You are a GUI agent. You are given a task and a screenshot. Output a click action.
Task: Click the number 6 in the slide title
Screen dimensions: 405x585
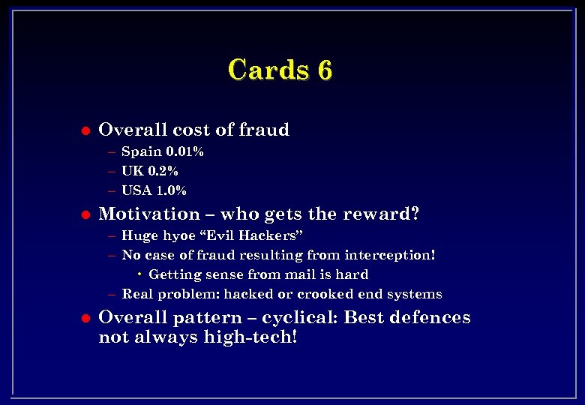(324, 70)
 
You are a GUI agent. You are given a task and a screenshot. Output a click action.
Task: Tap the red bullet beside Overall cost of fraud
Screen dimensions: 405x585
(85, 130)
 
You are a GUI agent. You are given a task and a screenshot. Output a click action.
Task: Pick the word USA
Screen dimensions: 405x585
(137, 190)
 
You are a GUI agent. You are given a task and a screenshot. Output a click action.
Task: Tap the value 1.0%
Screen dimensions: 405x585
(172, 190)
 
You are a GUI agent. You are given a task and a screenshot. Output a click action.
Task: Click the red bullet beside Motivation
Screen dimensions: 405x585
(85, 214)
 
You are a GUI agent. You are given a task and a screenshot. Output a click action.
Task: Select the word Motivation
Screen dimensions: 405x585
(149, 214)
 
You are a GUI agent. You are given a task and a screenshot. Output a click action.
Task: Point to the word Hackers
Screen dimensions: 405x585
(271, 236)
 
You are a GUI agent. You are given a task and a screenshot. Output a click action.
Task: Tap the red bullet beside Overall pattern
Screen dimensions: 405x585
(85, 318)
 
